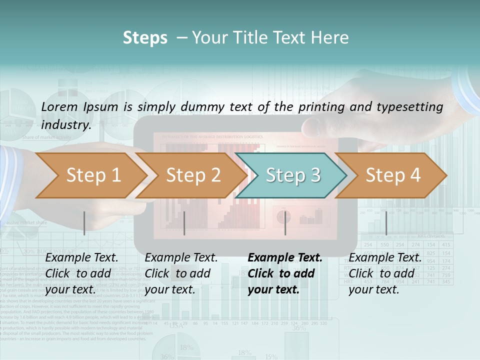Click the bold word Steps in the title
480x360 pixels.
click(145, 38)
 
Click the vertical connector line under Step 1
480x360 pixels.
click(84, 223)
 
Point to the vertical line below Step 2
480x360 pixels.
click(184, 223)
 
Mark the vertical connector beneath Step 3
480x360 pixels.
click(285, 223)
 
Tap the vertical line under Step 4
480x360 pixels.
click(386, 223)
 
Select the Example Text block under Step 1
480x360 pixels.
click(82, 273)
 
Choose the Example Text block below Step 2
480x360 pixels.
click(181, 273)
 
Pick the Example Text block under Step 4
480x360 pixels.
click(385, 273)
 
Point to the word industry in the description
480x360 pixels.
click(65, 125)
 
